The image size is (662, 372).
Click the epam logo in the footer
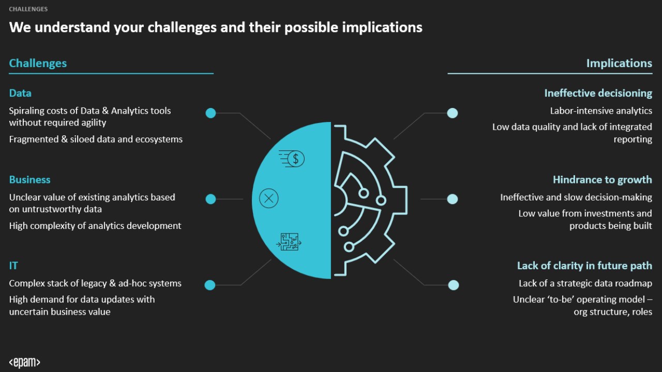24,362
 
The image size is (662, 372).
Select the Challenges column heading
38,63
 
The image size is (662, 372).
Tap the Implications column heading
619,63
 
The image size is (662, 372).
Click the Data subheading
20,93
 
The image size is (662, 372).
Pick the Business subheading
29,180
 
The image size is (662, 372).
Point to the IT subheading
13,266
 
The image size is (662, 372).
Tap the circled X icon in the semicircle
269,198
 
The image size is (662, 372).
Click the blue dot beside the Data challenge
210,113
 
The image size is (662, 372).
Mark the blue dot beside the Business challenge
210,199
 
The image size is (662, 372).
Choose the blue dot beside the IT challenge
210,285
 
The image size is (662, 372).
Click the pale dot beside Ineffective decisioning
453,113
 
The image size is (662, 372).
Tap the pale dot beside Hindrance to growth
453,199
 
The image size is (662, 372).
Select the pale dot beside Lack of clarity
454,285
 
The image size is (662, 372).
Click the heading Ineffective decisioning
598,93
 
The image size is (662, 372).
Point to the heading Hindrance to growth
602,180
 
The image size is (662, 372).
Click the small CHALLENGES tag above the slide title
28,9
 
